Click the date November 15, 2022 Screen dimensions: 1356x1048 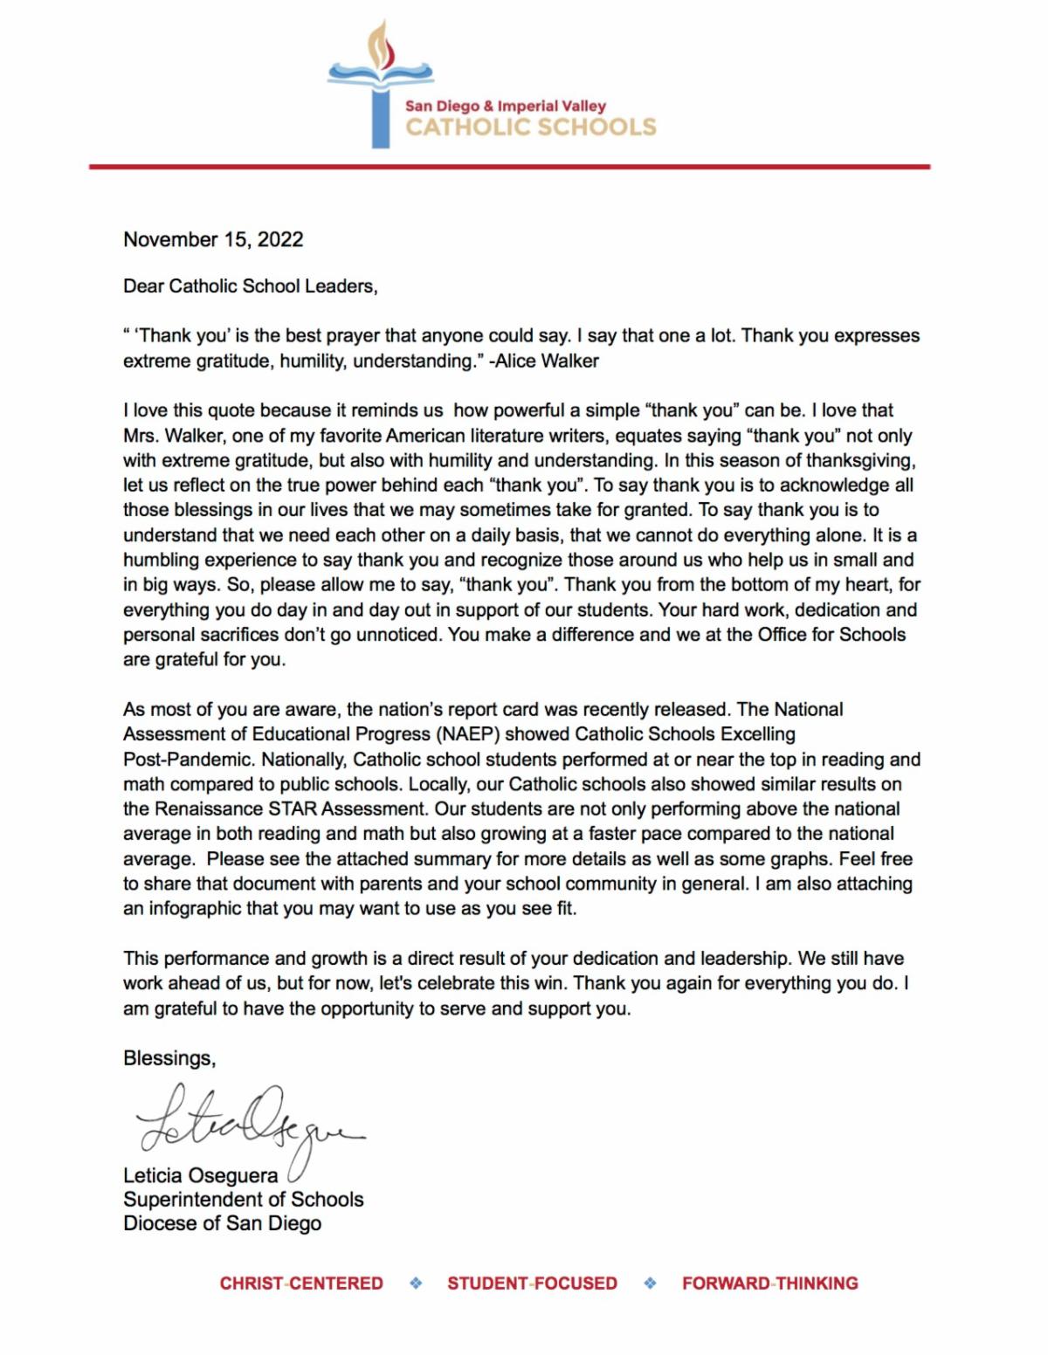pos(213,239)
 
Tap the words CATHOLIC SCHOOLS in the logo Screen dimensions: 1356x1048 pos(530,127)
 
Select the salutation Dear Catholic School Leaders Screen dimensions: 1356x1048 pos(250,286)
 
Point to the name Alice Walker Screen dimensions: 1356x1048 pos(547,361)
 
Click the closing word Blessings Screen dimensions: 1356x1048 pos(169,1058)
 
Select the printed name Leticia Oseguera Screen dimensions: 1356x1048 pos(200,1175)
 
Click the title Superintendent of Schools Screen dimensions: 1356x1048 pos(243,1200)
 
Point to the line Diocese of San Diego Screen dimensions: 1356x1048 pos(222,1223)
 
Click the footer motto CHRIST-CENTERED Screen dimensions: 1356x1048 pos(301,1284)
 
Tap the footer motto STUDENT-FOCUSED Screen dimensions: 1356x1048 pos(532,1284)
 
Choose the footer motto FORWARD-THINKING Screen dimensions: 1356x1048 pos(769,1284)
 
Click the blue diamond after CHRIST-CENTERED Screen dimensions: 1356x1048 pos(416,1284)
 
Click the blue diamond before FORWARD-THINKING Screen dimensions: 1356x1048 pos(650,1284)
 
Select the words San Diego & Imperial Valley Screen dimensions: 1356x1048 pos(505,106)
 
